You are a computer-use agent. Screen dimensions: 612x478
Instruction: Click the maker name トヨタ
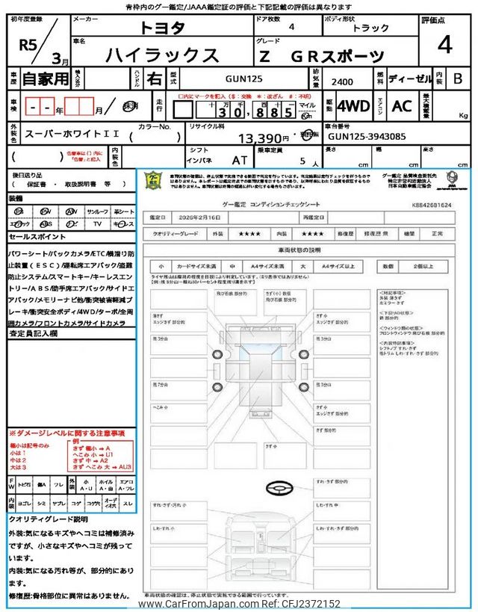(166, 28)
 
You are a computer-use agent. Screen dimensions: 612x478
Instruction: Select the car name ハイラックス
(163, 55)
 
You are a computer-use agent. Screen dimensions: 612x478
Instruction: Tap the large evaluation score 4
(444, 46)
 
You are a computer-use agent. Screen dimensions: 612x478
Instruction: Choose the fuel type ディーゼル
(406, 78)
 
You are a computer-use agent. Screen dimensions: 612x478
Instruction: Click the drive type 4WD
(353, 106)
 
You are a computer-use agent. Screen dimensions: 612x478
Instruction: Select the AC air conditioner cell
(401, 106)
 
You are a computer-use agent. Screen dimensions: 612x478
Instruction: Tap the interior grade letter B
(458, 78)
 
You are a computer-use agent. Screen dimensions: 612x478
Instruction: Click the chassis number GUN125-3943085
(366, 137)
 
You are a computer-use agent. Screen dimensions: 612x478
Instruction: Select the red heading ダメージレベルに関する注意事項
(66, 434)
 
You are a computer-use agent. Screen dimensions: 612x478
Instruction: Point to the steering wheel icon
(278, 489)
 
